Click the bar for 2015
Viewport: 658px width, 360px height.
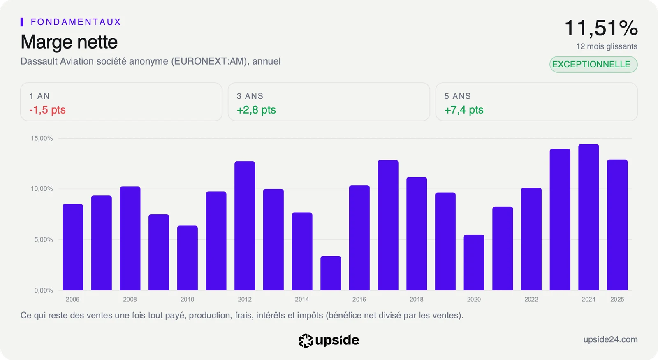(x=331, y=273)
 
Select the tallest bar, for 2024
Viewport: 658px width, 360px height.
(x=588, y=217)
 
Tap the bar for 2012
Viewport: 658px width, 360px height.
(x=245, y=226)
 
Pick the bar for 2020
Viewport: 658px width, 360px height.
(x=474, y=262)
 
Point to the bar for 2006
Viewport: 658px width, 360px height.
(x=72, y=247)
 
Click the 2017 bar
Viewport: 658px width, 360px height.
(x=388, y=225)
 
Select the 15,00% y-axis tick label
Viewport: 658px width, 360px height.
(x=42, y=138)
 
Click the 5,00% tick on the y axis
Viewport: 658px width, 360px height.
(x=43, y=239)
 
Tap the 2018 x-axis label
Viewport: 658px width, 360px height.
(x=416, y=299)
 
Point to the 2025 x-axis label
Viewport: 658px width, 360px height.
(x=617, y=299)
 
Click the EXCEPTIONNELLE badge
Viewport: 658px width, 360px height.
(x=593, y=64)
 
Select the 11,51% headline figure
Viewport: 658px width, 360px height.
(x=601, y=28)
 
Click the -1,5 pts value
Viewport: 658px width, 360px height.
(x=47, y=109)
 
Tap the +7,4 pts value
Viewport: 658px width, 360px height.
(x=463, y=109)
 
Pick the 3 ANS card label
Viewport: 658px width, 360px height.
(x=250, y=96)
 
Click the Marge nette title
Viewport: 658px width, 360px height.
(x=69, y=42)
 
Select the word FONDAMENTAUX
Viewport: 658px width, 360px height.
(x=76, y=22)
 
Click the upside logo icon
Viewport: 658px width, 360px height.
(x=306, y=341)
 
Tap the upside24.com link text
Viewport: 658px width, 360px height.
(x=610, y=339)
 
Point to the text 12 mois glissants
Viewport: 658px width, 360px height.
(x=607, y=46)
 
